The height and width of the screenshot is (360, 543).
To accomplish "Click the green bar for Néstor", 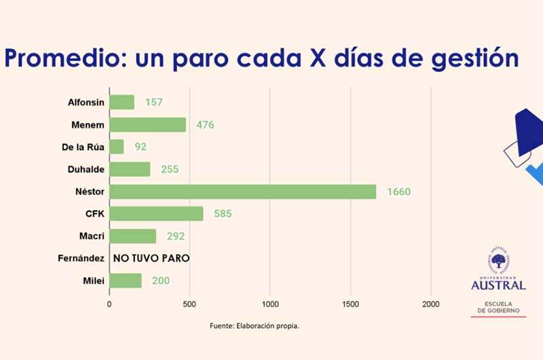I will point(242,192).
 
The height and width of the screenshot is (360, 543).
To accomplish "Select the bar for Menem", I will point(147,125).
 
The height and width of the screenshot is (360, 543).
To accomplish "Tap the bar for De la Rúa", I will point(117,147).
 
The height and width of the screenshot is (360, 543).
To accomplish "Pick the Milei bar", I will point(126,281).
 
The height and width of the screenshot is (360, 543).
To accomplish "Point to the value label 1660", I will point(398,192).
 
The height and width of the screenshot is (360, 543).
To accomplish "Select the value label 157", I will point(154,103).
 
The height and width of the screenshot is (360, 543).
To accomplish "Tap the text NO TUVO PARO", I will point(151,258).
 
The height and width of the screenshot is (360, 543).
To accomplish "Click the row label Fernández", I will point(81,258).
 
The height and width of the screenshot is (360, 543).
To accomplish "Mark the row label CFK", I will point(92,214).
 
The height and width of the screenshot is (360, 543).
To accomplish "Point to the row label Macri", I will point(91,236).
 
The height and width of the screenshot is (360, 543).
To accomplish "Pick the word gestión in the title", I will point(468,59).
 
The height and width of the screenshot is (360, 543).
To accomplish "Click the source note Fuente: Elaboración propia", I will point(255,325).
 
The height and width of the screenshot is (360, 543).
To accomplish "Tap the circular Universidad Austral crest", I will point(498,262).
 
